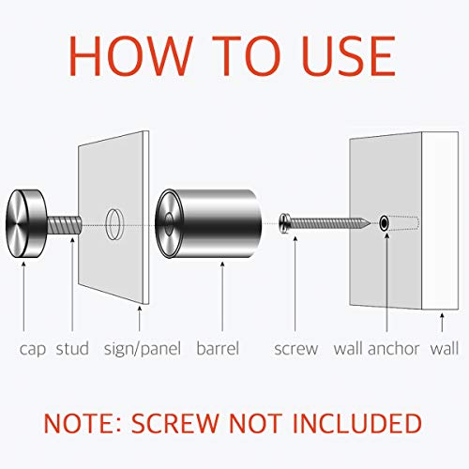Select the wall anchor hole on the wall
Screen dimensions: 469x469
pyautogui.click(x=385, y=224)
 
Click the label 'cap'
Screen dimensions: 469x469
pyautogui.click(x=33, y=349)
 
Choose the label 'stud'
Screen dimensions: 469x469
pyautogui.click(x=72, y=349)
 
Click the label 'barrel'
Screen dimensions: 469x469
pyautogui.click(x=218, y=349)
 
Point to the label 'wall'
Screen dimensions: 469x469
pyautogui.click(x=445, y=349)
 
